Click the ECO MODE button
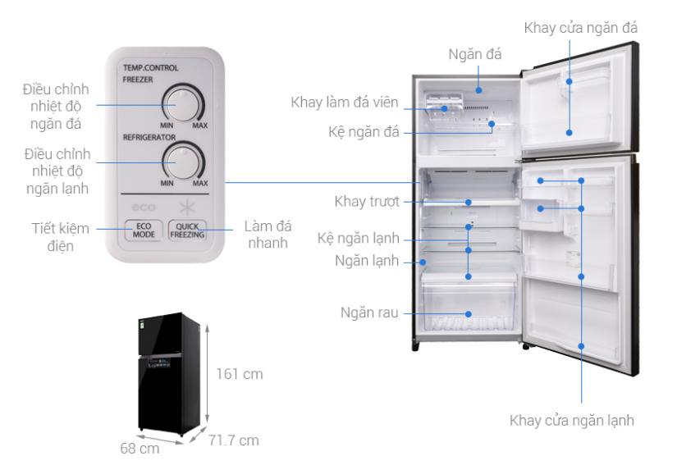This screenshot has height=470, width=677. pyautogui.click(x=143, y=229)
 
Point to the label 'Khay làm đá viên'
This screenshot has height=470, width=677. pyautogui.click(x=344, y=103)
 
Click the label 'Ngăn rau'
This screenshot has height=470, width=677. pyautogui.click(x=370, y=313)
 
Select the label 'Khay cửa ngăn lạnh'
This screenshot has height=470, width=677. pyautogui.click(x=571, y=421)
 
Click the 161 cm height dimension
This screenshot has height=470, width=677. pyautogui.click(x=240, y=374)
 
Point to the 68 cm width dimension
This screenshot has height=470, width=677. pyautogui.click(x=140, y=449)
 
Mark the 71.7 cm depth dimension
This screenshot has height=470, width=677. pyautogui.click(x=233, y=440)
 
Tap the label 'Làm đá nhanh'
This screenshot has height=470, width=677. pyautogui.click(x=268, y=234)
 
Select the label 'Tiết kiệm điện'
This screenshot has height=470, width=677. pyautogui.click(x=61, y=236)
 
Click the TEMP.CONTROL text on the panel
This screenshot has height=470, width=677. pyautogui.click(x=150, y=69)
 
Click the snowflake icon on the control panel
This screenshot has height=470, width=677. pyautogui.click(x=186, y=204)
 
